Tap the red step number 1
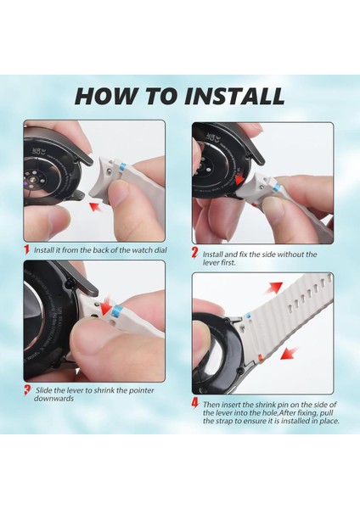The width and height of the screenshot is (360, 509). coord(27,249)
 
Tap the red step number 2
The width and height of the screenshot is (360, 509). coord(195,253)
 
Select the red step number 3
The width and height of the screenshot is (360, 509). coord(28,390)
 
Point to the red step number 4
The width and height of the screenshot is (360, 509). coord(195,403)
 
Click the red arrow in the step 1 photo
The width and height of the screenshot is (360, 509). coord(96,206)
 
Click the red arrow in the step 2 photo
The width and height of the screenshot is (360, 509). coord(239,179)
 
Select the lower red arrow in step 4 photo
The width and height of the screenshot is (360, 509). coord(290,353)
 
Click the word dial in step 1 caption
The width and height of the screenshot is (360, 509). coord(160,250)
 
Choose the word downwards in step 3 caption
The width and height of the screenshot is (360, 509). coord(54,399)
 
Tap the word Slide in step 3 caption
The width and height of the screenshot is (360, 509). coord(43,390)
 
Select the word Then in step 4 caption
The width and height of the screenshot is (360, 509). coord(211,405)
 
